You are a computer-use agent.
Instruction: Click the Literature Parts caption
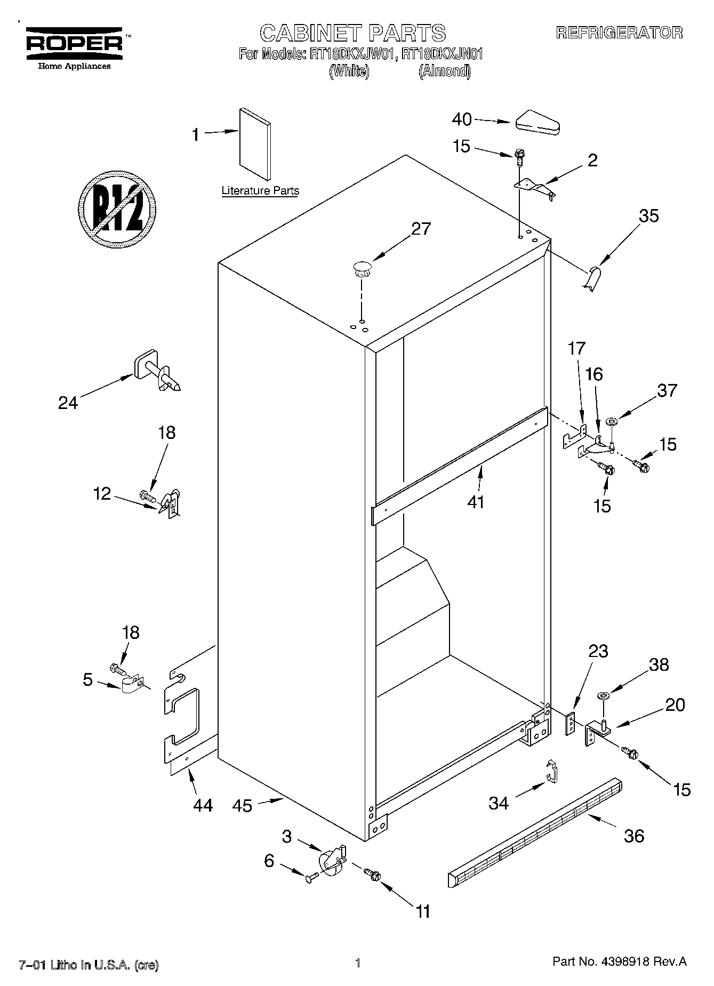260,191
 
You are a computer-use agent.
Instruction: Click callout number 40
462,119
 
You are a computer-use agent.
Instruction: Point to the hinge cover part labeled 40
537,123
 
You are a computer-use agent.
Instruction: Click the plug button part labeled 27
362,267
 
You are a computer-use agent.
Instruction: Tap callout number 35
648,215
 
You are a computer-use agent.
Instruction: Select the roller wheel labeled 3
331,862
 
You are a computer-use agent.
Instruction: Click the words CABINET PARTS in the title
352,33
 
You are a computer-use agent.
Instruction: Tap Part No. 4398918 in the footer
619,961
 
